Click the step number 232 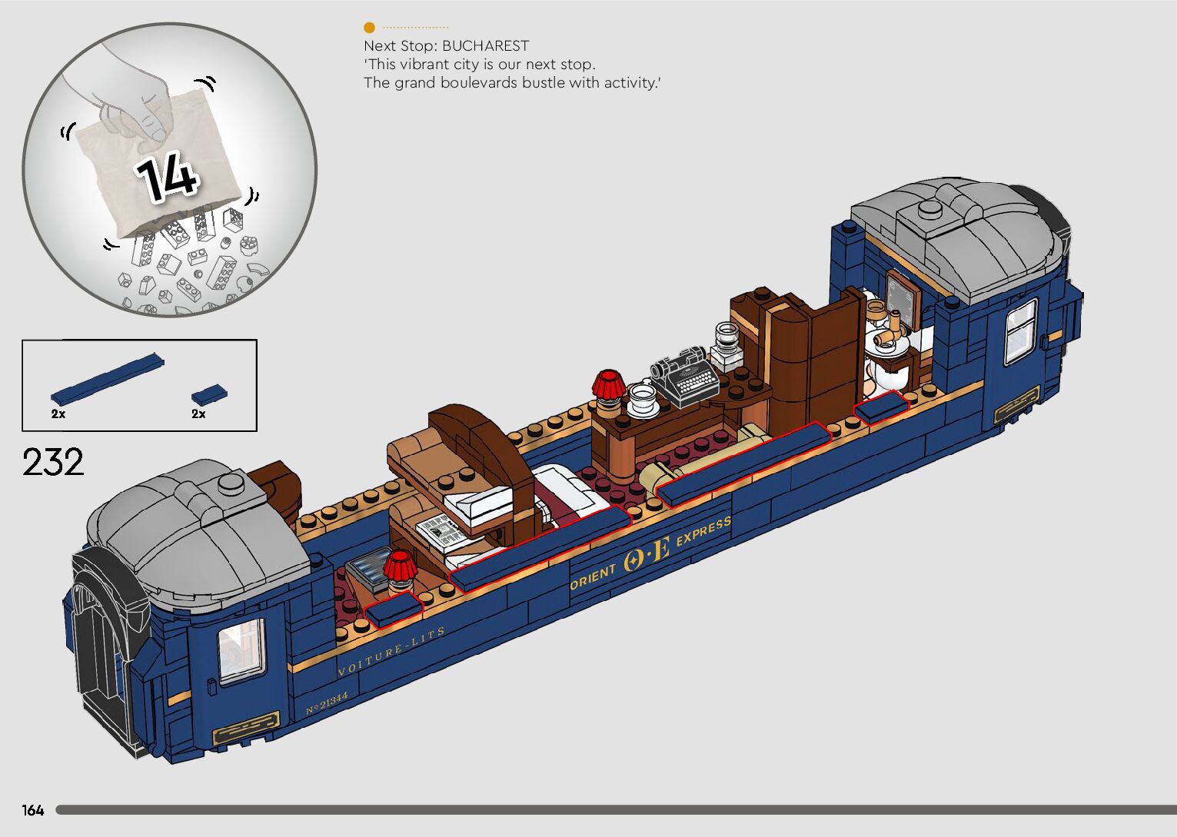53,463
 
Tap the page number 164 33,810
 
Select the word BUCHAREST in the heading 485,46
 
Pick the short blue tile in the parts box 209,395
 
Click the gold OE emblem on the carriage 647,553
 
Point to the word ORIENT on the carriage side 593,576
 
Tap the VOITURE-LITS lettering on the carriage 391,652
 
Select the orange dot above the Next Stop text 370,28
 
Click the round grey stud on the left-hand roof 231,483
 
